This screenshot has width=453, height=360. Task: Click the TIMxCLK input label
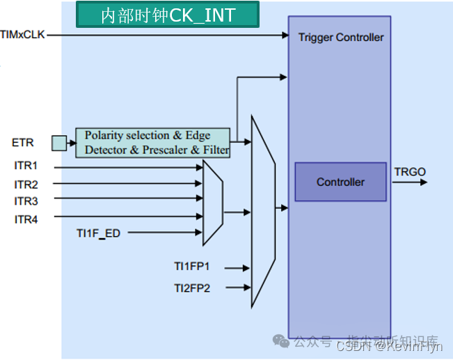[x=22, y=33]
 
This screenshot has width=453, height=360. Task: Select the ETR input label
[x=23, y=143]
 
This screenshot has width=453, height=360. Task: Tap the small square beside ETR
[x=59, y=143]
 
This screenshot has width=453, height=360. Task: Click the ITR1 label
[x=26, y=166]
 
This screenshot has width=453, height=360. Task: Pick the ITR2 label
[x=26, y=185]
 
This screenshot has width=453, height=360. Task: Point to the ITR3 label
[x=26, y=202]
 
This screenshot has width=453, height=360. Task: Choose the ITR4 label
[x=26, y=220]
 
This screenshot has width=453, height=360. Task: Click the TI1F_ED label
[x=98, y=233]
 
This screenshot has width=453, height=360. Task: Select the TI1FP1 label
[x=192, y=266]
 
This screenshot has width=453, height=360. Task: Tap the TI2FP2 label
[x=192, y=287]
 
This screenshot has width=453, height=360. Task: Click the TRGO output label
[x=410, y=171]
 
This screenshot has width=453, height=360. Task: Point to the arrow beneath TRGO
[x=410, y=182]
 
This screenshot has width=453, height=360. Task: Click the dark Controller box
[x=340, y=182]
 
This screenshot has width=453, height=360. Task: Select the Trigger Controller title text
[x=340, y=37]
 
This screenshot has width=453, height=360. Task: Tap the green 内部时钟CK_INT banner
[x=167, y=15]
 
